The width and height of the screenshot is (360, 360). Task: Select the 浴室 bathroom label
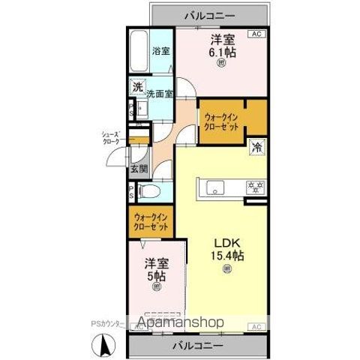(161, 51)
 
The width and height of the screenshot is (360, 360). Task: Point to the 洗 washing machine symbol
(137, 87)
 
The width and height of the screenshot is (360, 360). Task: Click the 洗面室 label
(160, 94)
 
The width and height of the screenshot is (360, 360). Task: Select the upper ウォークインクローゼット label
(222, 121)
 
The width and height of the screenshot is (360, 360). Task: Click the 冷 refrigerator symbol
(256, 148)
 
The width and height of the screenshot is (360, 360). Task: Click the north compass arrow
(105, 346)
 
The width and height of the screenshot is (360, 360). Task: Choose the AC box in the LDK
(255, 326)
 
